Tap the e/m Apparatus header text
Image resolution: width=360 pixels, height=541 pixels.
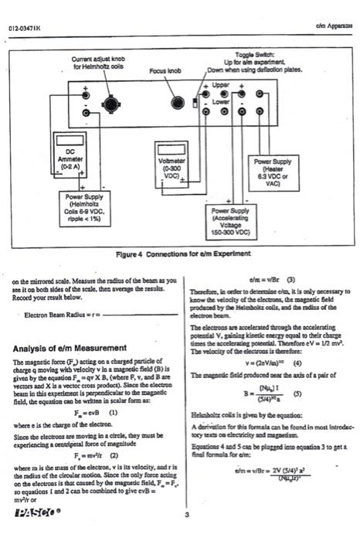[333, 29]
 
